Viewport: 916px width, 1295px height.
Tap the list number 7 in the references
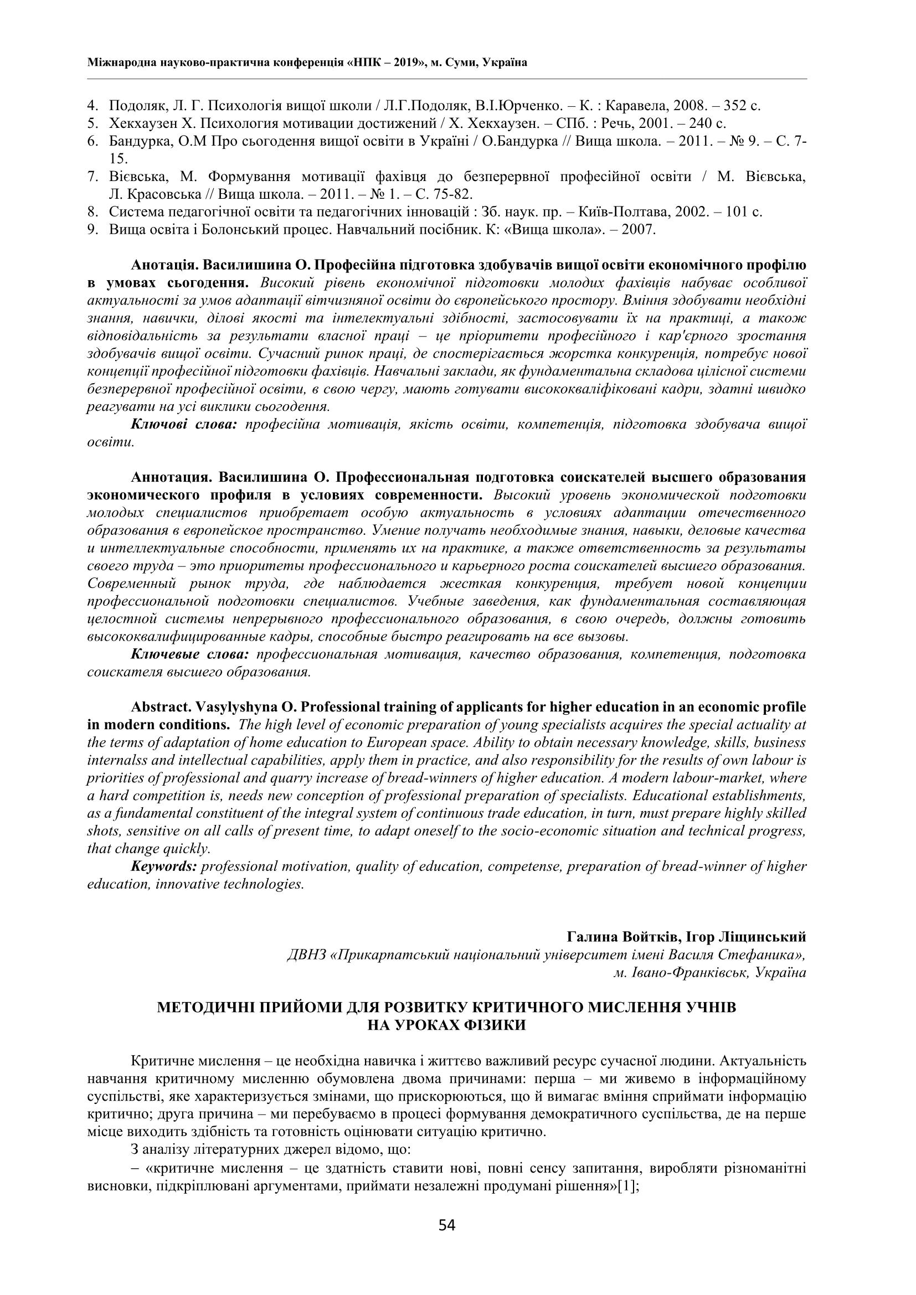tap(92, 177)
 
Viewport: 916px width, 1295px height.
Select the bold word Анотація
tap(164, 265)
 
